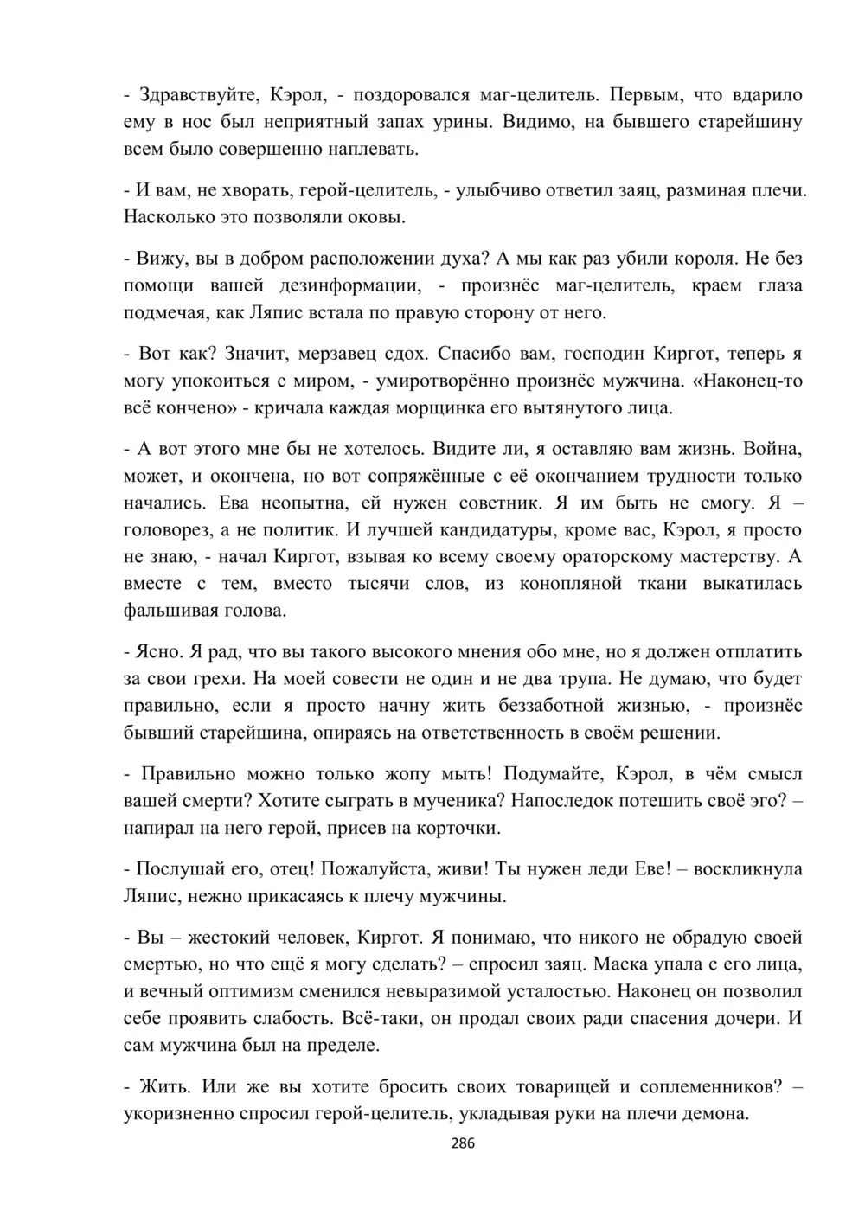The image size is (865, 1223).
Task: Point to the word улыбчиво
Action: pyautogui.click(x=513, y=190)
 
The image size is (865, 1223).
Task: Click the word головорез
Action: pyautogui.click(x=183, y=529)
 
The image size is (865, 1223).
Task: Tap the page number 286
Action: pyautogui.click(x=464, y=1143)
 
